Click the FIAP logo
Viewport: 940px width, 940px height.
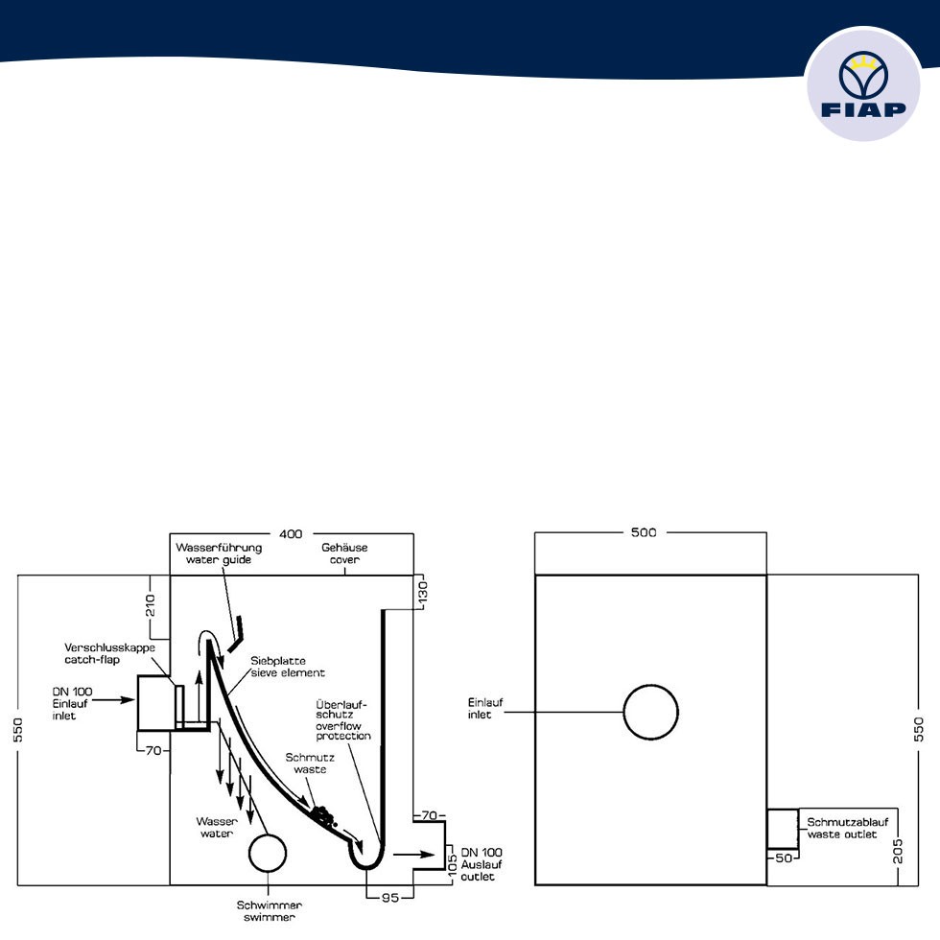[x=863, y=85]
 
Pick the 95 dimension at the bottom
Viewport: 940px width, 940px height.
[x=389, y=898]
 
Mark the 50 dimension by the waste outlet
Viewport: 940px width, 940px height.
[x=784, y=858]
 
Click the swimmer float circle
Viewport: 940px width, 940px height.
[x=267, y=854]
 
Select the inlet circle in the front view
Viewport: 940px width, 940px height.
[x=651, y=712]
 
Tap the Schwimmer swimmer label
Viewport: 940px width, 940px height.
[x=267, y=909]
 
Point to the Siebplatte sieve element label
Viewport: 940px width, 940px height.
[x=278, y=667]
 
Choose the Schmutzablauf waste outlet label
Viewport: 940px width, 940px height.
[x=847, y=828]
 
